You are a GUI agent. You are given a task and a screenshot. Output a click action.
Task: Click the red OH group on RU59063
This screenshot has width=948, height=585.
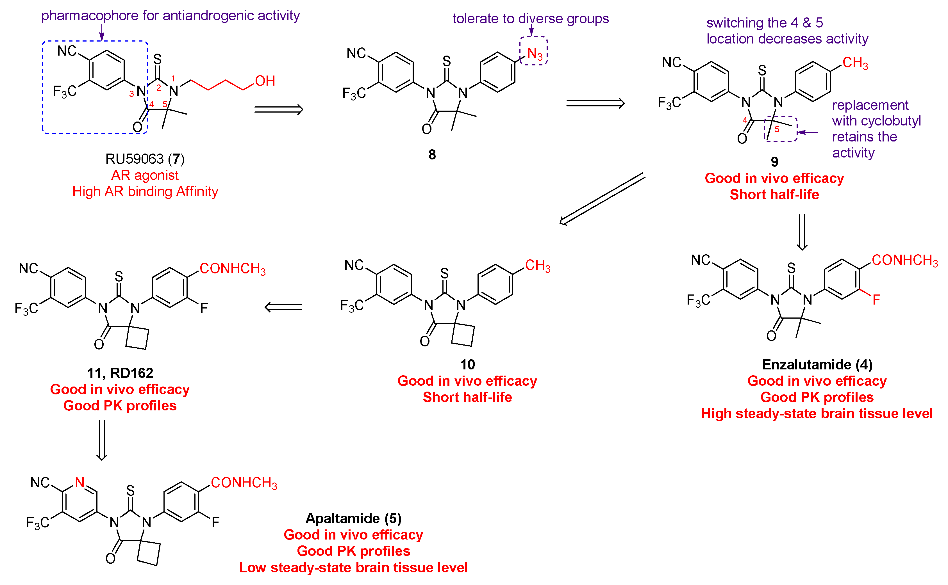pyautogui.click(x=265, y=81)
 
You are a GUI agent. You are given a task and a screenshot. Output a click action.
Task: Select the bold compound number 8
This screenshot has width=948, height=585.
pyautogui.click(x=432, y=155)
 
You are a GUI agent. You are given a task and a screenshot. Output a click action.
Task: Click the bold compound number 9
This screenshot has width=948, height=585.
pyautogui.click(x=774, y=162)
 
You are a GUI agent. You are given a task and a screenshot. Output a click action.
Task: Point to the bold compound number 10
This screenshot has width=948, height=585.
pyautogui.click(x=467, y=364)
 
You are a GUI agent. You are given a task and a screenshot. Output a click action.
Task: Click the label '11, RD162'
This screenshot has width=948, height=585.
pyautogui.click(x=120, y=373)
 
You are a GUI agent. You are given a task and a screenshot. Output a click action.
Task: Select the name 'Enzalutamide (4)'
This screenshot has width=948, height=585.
pyautogui.click(x=817, y=364)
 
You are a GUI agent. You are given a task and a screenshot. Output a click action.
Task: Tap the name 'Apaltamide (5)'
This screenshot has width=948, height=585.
pyautogui.click(x=353, y=518)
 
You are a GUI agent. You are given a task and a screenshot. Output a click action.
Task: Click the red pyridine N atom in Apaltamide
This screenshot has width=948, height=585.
pyautogui.click(x=80, y=483)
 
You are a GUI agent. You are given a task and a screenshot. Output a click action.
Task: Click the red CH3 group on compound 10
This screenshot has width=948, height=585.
pyautogui.click(x=538, y=266)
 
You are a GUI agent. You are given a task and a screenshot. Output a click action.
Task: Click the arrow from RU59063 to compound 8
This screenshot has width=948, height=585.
pyautogui.click(x=278, y=110)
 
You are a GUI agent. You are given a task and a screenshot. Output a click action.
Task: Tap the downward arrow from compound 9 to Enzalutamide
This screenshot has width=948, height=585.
pyautogui.click(x=802, y=232)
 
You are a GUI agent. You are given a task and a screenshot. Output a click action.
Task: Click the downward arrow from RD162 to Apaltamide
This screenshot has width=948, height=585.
pyautogui.click(x=101, y=440)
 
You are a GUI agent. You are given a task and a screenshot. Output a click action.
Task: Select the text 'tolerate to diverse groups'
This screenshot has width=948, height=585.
pyautogui.click(x=530, y=19)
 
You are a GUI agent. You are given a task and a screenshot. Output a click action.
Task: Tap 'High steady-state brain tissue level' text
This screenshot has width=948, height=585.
pyautogui.click(x=817, y=413)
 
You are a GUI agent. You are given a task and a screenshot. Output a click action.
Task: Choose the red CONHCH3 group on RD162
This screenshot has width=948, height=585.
pyautogui.click(x=233, y=269)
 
